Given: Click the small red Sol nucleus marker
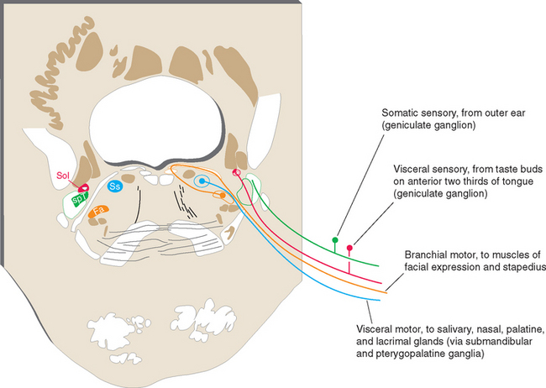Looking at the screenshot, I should (x=85, y=187).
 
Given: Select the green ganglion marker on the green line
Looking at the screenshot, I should (x=336, y=240).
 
